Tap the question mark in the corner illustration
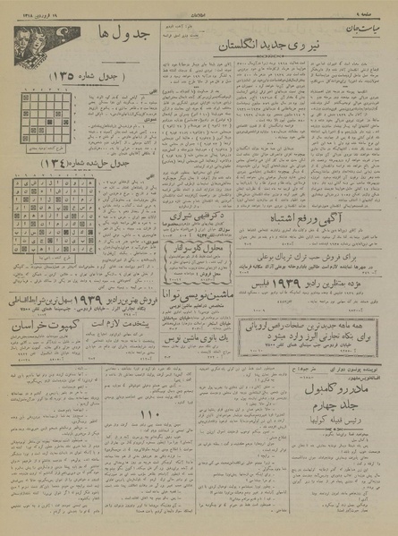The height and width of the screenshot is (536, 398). [20, 44]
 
